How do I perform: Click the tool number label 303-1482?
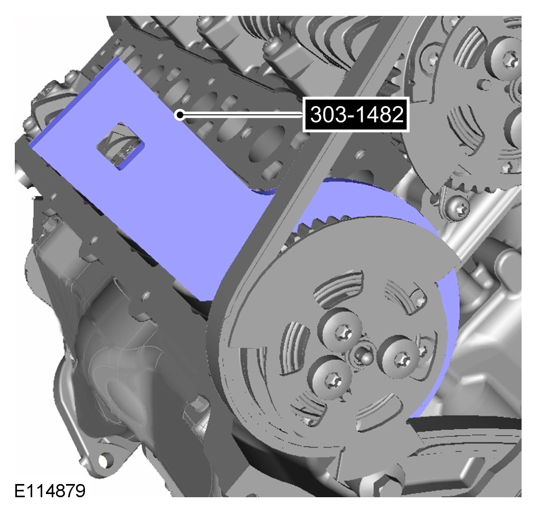tap(356, 114)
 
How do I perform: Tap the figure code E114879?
tap(50, 491)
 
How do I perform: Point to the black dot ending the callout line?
tap(179, 115)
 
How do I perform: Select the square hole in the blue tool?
tap(120, 146)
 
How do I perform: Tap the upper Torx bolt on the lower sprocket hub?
tap(341, 330)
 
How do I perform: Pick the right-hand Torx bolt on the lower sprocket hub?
tap(400, 358)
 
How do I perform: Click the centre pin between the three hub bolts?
tap(363, 356)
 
